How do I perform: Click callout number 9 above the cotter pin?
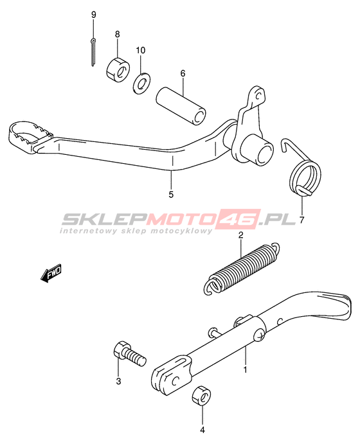94,15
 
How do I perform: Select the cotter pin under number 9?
93,53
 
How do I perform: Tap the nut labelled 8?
118,68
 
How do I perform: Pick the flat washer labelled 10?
141,84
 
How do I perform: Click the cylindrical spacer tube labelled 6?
181,106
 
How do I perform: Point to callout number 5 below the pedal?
171,195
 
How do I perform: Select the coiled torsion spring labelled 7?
303,170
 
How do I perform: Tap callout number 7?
301,219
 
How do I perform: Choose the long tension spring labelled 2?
242,269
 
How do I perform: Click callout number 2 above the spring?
241,235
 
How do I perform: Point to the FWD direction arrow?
51,273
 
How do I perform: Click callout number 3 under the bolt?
118,381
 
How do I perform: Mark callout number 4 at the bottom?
203,430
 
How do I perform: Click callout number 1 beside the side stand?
246,369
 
